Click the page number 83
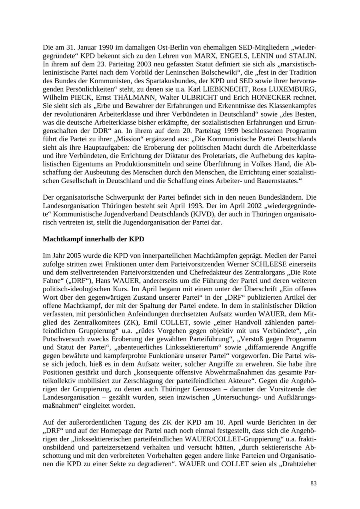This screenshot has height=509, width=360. tap(313, 483)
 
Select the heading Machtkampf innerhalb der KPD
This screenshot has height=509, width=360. tap(93, 239)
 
